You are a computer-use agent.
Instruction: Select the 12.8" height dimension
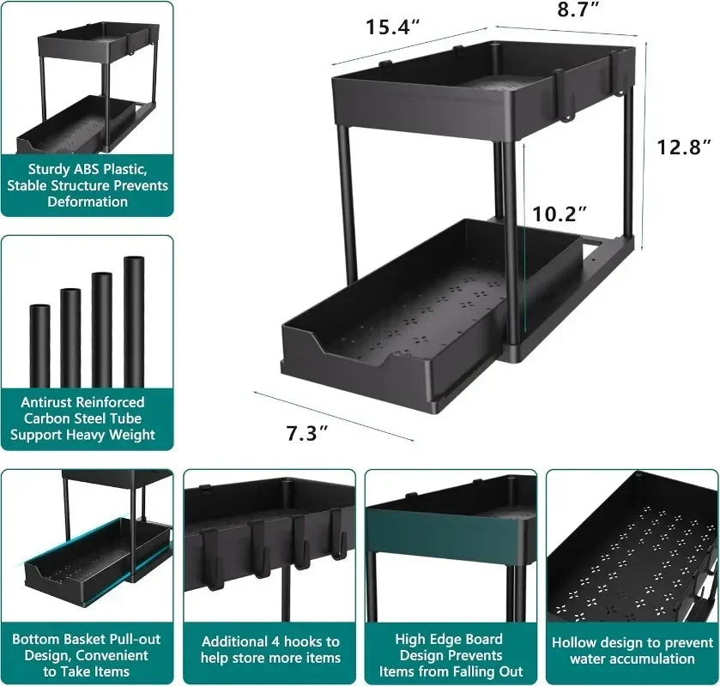click(684, 147)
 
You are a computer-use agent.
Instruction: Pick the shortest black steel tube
click(39, 345)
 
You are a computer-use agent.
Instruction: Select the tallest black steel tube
click(134, 322)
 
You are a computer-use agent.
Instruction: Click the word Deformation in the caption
click(88, 202)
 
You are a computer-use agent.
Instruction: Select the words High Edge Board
click(450, 639)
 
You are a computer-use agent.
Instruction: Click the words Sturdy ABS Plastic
click(87, 169)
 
